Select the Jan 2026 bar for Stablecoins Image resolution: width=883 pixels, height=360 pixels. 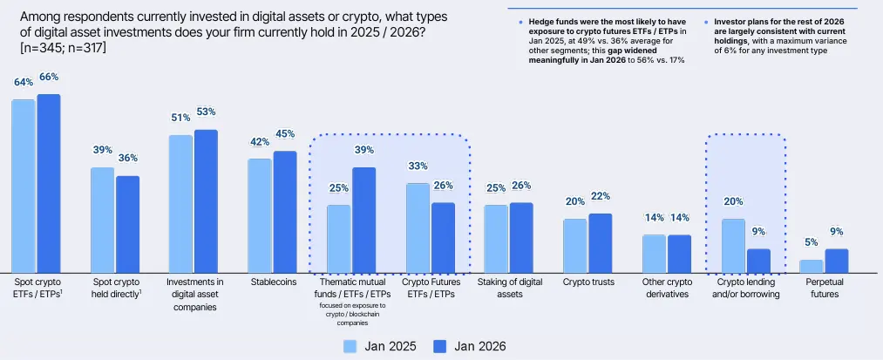coord(285,212)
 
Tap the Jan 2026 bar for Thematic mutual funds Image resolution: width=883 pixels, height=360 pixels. coord(363,220)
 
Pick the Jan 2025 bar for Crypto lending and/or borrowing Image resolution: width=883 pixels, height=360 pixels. coord(733,245)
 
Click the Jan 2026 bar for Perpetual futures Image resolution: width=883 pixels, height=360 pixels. coord(837,260)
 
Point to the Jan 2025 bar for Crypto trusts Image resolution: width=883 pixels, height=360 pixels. coord(574,245)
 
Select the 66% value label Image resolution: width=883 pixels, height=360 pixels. coord(49,78)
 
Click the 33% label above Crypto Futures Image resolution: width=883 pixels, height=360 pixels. coord(418,166)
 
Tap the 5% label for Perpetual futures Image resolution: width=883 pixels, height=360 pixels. coord(811,243)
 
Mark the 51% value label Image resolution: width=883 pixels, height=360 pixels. coord(180,119)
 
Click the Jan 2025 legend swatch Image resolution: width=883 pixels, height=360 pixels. coord(352,346)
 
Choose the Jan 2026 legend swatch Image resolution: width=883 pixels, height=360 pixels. coord(438,346)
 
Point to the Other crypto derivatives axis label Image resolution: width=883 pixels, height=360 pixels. coord(666,288)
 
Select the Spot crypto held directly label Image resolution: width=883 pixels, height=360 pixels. coord(116,288)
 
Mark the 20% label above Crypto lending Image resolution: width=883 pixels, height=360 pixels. coord(733,202)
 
